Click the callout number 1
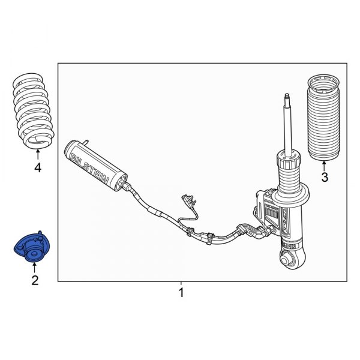181,293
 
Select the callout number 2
35,280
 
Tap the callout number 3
325,177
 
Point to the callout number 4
38,168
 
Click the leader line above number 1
181,284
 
